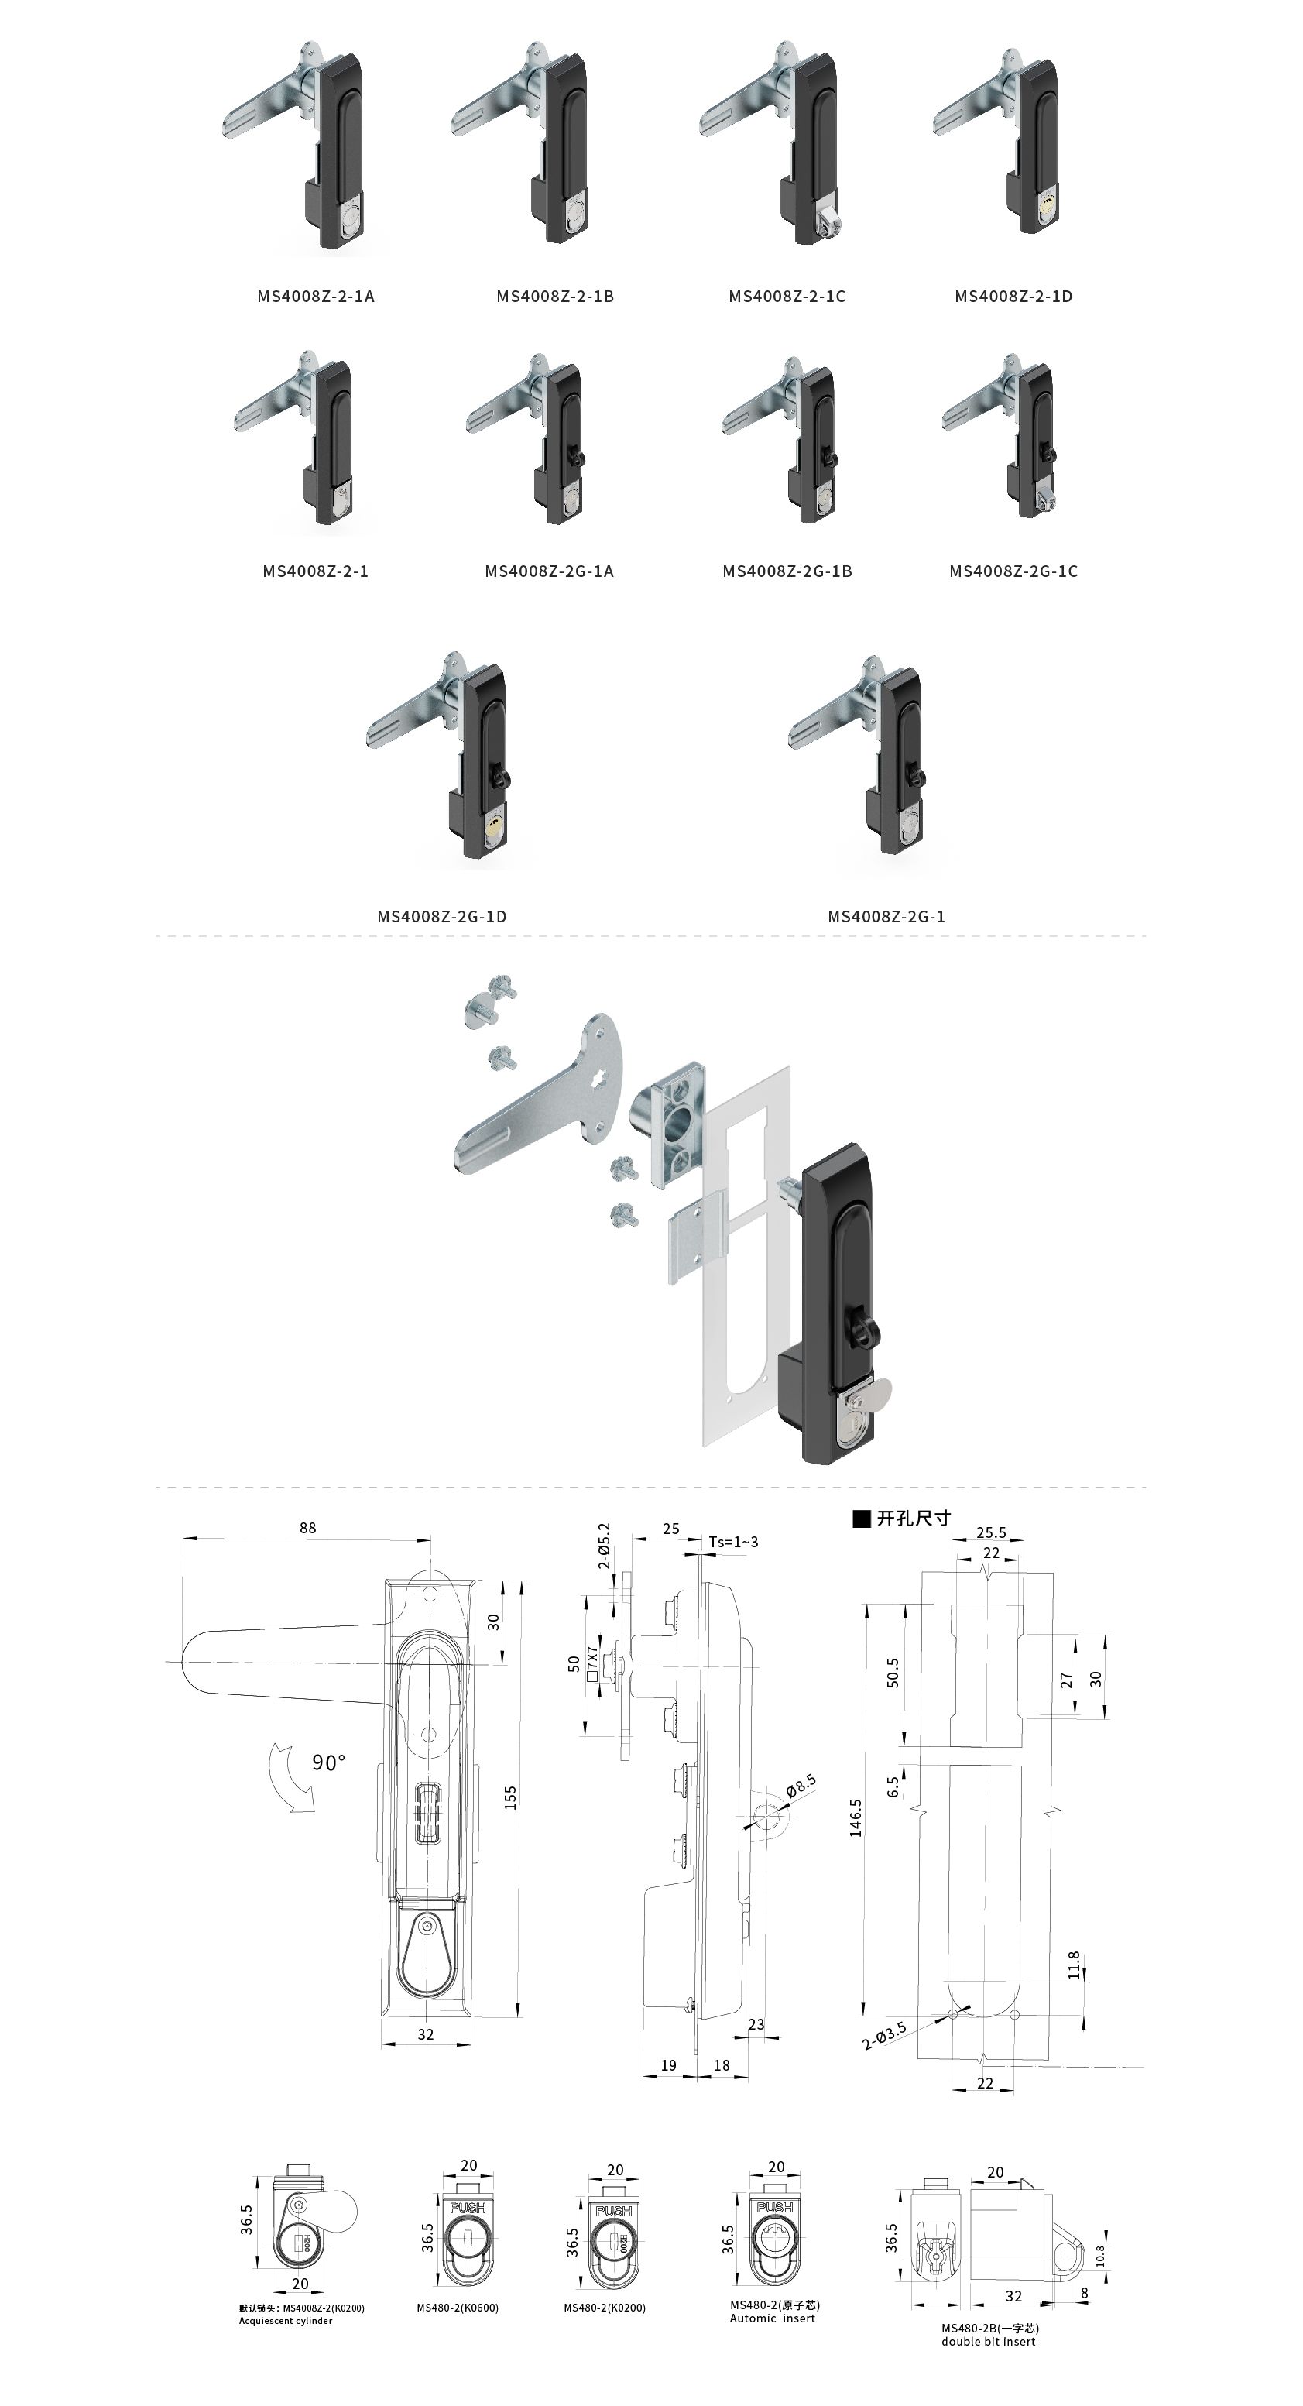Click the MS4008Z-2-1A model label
316,296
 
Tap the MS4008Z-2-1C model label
787,296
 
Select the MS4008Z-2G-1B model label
787,571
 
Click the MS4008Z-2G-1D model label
442,916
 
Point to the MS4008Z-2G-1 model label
886,916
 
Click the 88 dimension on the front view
307,1528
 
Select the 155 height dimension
510,1798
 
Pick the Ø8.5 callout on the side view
801,1786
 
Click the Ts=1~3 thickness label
733,1541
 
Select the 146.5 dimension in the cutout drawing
856,1817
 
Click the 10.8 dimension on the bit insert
1100,2255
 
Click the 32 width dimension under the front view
425,2034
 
